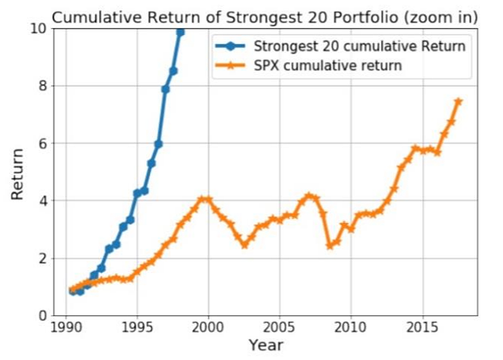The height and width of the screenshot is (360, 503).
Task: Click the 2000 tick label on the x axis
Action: pyautogui.click(x=208, y=330)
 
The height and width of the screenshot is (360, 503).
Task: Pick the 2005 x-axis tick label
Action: pyautogui.click(x=280, y=330)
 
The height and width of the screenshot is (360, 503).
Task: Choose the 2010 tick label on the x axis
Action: pyautogui.click(x=351, y=330)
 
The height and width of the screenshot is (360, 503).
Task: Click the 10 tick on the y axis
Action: pyautogui.click(x=38, y=29)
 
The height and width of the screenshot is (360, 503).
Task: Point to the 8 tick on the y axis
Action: pyautogui.click(x=42, y=86)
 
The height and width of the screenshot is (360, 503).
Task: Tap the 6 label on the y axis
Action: pyautogui.click(x=42, y=144)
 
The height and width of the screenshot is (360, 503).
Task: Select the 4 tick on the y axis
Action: pyautogui.click(x=42, y=201)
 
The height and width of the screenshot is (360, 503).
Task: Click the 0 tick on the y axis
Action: pyautogui.click(x=42, y=315)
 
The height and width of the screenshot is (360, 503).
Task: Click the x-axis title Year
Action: pyautogui.click(x=265, y=347)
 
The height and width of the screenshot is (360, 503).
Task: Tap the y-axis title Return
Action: pyautogui.click(x=17, y=172)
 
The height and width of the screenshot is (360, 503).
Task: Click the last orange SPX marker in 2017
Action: pyautogui.click(x=458, y=101)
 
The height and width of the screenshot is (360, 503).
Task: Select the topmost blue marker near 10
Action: pyautogui.click(x=180, y=32)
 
